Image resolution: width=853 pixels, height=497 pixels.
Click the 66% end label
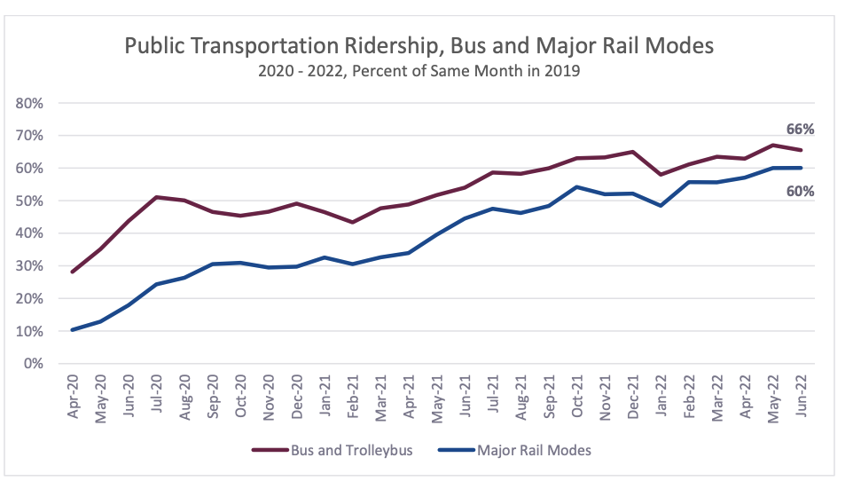tap(800, 130)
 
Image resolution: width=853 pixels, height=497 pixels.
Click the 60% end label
tap(800, 191)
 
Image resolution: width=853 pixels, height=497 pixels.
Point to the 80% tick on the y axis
tap(30, 103)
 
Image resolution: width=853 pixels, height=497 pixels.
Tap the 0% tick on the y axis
tap(34, 364)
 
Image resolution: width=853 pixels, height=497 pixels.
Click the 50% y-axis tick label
tap(30, 201)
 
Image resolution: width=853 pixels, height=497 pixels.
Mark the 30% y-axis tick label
tap(30, 266)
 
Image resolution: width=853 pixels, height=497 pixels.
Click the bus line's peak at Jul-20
tap(156, 197)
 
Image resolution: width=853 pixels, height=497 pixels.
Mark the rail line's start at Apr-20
tap(72, 330)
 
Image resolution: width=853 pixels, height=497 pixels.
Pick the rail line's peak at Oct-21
tap(577, 186)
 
